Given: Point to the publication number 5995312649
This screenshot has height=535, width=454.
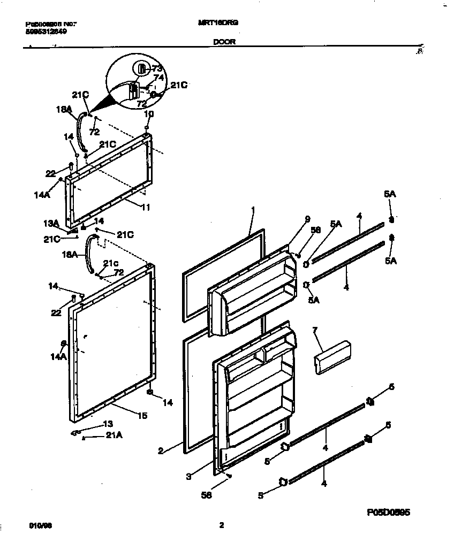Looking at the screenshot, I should point(47,31).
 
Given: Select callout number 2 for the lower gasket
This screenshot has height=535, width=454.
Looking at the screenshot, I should point(160,450).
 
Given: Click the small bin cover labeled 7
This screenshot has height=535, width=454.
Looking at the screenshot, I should point(332,357).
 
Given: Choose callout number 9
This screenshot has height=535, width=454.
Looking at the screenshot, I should point(307,218).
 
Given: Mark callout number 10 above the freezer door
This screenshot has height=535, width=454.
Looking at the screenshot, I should point(149,114).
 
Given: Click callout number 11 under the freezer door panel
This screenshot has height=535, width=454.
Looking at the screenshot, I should point(145,207).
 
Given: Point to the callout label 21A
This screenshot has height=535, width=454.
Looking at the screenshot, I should point(114,435).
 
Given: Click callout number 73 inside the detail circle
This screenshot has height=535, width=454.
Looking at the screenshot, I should point(156,68).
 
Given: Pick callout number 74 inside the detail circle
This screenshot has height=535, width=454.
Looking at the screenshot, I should point(158,77).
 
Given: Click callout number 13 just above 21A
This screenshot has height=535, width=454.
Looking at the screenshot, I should point(109,423).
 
